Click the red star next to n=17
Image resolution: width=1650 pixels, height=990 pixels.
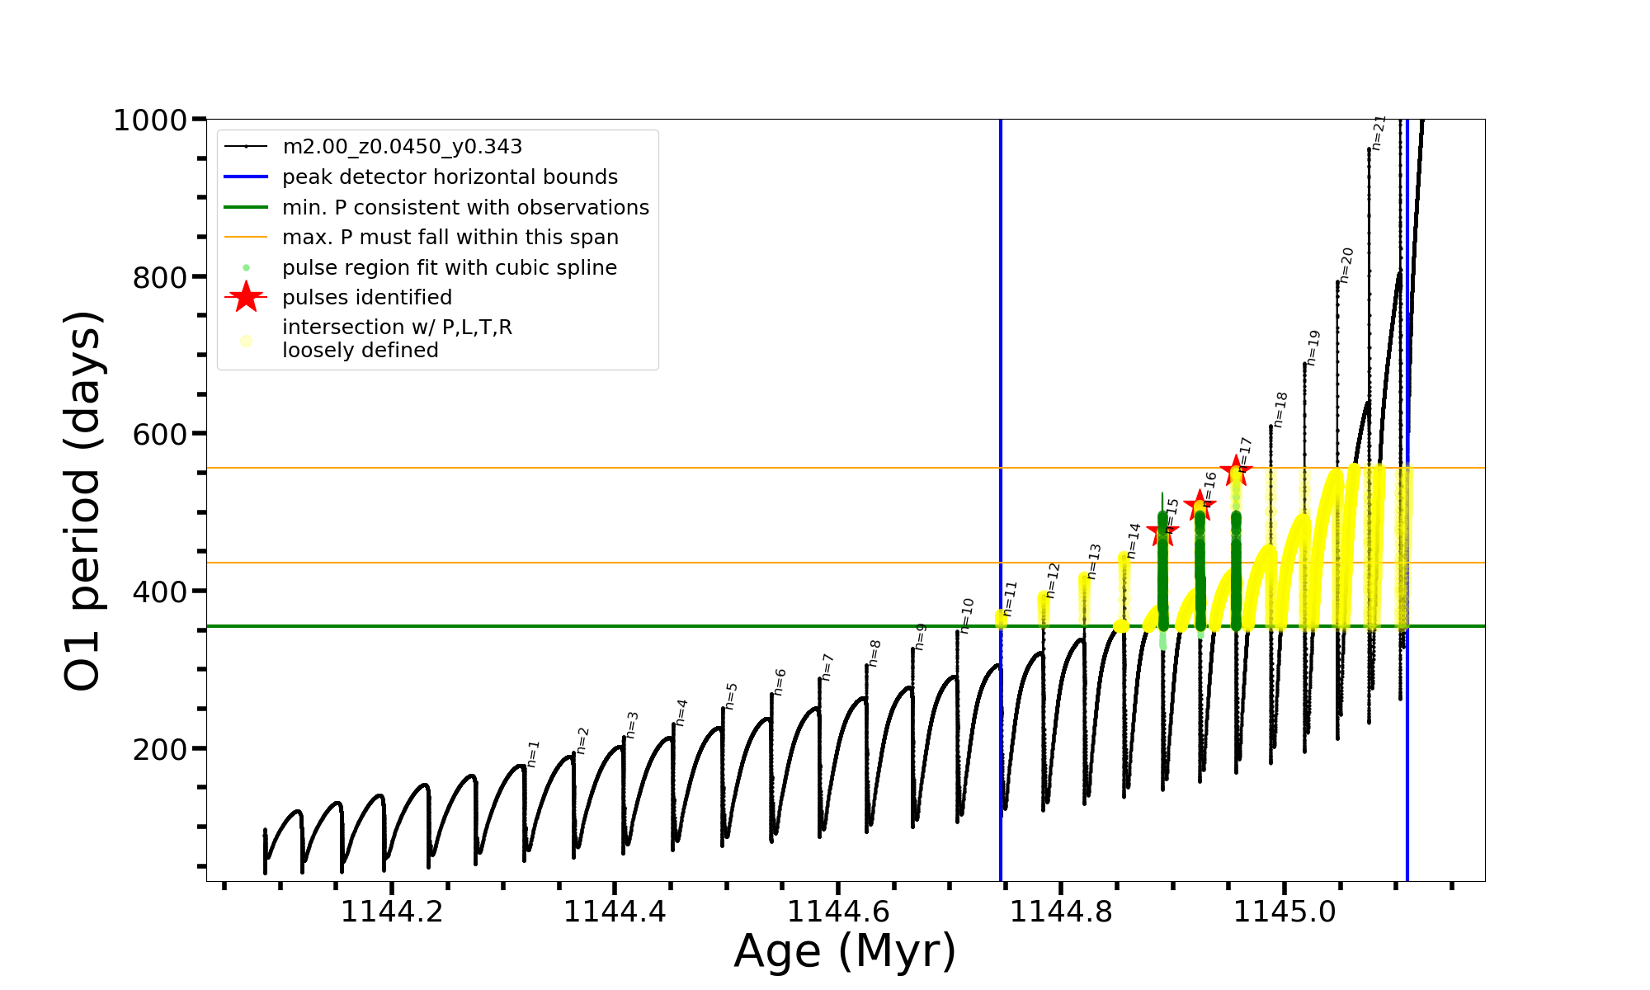1236,471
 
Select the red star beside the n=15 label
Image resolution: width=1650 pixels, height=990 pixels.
1163,533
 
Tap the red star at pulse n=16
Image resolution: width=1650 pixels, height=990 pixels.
1200,505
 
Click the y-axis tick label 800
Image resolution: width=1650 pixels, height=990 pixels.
160,278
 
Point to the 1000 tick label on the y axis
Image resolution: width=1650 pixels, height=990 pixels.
150,120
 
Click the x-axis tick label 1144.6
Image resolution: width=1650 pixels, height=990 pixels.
838,912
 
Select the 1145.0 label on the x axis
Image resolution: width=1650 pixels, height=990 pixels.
1285,912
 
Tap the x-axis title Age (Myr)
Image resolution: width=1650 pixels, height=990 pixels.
845,950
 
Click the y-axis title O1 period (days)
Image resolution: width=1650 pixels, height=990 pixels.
83,501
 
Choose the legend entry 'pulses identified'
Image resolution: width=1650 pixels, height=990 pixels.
367,297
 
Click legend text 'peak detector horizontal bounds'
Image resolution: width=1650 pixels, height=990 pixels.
450,177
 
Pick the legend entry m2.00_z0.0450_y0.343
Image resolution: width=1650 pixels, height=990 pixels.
402,147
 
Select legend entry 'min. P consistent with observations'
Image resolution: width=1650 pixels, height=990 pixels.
465,207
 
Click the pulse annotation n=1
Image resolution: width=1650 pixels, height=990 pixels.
533,754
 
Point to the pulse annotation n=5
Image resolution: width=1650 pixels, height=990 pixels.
731,696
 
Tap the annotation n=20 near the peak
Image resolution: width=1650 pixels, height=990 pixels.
1346,265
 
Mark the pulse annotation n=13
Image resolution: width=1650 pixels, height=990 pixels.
1095,561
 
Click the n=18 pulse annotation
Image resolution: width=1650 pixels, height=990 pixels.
1280,410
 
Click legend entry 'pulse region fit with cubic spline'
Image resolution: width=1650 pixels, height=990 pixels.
449,268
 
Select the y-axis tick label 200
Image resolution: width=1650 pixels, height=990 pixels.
160,750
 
